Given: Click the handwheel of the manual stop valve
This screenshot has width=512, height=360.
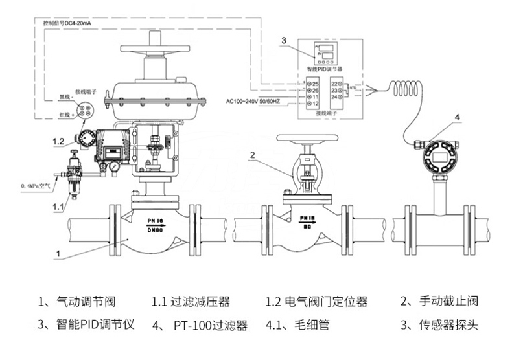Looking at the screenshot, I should point(307,139).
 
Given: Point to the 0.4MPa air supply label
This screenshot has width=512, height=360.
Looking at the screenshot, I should point(35,186).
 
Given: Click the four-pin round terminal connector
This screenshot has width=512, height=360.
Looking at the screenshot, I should point(85,109).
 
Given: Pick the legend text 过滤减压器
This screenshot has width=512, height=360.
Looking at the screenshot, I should point(200,302).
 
